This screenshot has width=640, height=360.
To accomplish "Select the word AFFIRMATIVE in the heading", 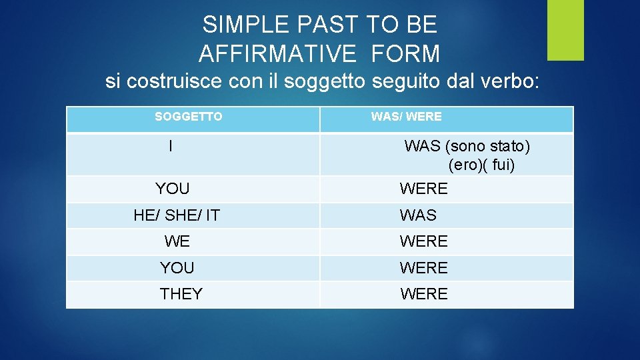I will point(277,53).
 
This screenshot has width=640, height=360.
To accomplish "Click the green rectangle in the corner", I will point(565,30).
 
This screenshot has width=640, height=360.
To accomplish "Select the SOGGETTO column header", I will point(189,117).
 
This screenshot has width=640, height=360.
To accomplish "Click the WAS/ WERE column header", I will point(406,117).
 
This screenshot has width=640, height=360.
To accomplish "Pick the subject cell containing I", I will point(171,146).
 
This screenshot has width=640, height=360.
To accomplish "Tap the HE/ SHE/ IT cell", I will point(177,215).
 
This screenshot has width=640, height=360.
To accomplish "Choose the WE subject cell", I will point(177,241).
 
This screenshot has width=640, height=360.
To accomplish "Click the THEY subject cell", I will point(181,294).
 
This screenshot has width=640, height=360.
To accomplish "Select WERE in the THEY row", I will point(423,294).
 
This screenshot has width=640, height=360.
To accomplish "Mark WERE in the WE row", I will point(423,241).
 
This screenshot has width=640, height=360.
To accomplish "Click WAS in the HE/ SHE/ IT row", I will point(418,215).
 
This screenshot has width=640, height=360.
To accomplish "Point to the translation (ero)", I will point(466,165).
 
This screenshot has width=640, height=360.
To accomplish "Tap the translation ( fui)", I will point(500,165).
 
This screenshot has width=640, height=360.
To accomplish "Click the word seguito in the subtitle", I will point(404,82).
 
